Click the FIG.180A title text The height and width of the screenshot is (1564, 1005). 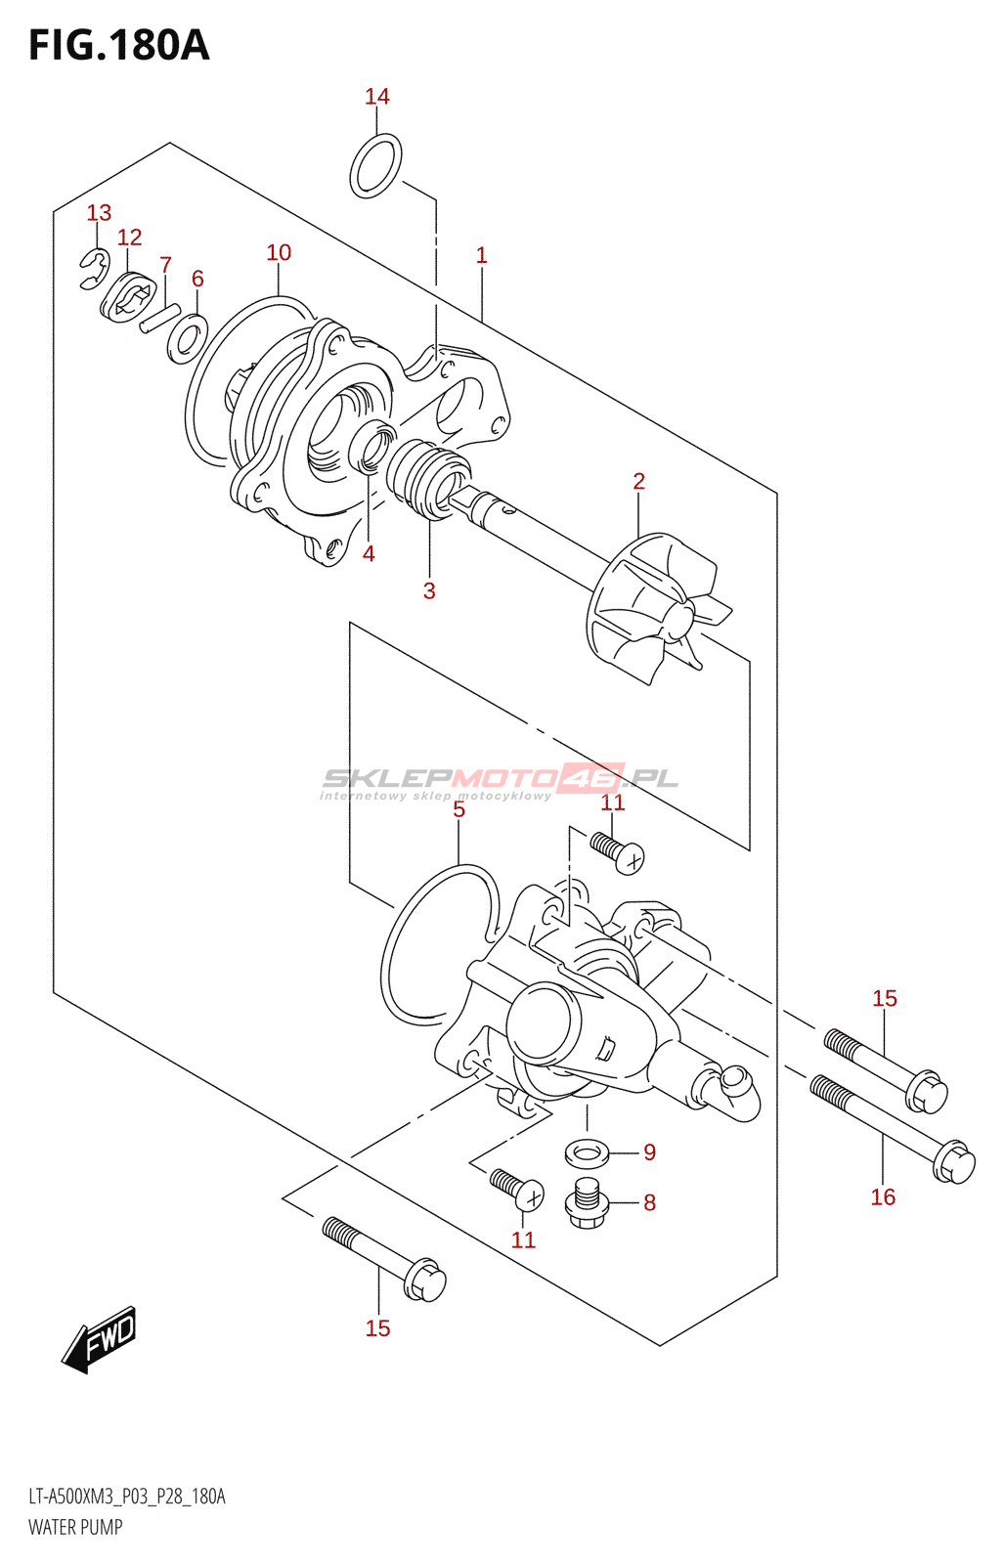tap(118, 46)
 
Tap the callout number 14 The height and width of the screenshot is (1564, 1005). tap(377, 96)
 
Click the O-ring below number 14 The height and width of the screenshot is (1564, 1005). tap(375, 165)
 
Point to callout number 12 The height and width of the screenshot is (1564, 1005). tap(129, 237)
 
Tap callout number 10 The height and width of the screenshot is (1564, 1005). tap(279, 252)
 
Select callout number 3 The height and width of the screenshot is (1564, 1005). tap(429, 590)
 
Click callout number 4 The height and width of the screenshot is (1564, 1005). tap(369, 553)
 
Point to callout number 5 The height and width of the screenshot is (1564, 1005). tap(459, 809)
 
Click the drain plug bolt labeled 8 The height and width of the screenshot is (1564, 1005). tap(588, 1203)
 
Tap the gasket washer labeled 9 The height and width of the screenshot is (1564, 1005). tap(587, 1151)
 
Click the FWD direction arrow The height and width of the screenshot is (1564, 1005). tap(100, 1338)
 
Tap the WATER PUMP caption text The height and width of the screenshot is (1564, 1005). tap(75, 1527)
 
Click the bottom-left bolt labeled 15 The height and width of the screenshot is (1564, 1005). tap(383, 1259)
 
